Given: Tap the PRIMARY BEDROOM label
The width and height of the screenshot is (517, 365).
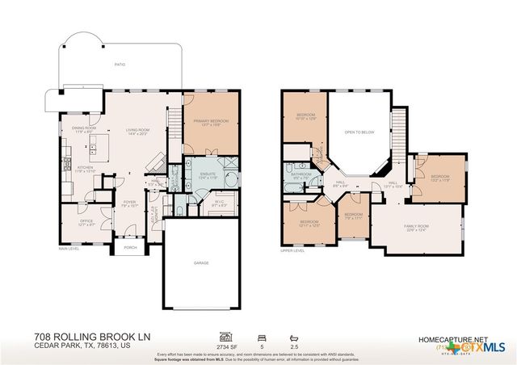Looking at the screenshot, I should (210, 122).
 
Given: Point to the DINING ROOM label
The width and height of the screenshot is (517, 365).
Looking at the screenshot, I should (84, 128).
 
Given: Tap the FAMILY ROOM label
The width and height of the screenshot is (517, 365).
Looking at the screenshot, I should (417, 228).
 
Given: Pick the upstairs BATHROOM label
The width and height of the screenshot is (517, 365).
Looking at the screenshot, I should (302, 174).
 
